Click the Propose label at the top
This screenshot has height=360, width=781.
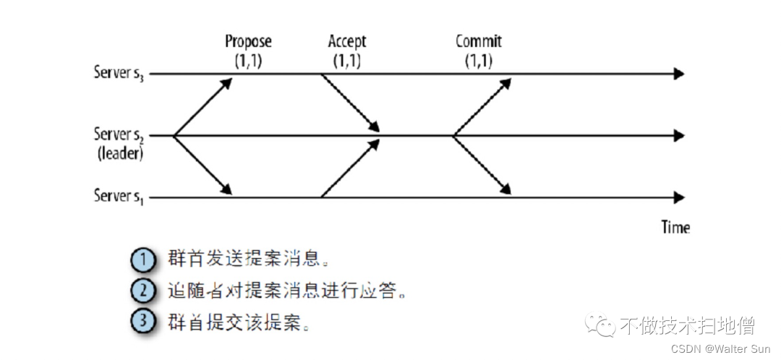(x=248, y=41)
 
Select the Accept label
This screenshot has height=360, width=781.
(x=347, y=41)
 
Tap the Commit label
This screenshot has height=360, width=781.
(x=478, y=41)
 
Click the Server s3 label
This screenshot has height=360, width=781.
(x=119, y=73)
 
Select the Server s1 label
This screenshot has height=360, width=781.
(x=119, y=196)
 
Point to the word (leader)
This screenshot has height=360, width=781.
(x=120, y=153)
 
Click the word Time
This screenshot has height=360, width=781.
(x=675, y=227)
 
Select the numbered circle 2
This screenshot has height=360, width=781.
(x=144, y=291)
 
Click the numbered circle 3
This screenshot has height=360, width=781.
(x=144, y=321)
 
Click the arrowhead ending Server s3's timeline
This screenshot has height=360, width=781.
(x=678, y=74)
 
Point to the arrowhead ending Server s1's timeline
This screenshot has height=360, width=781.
(x=678, y=197)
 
